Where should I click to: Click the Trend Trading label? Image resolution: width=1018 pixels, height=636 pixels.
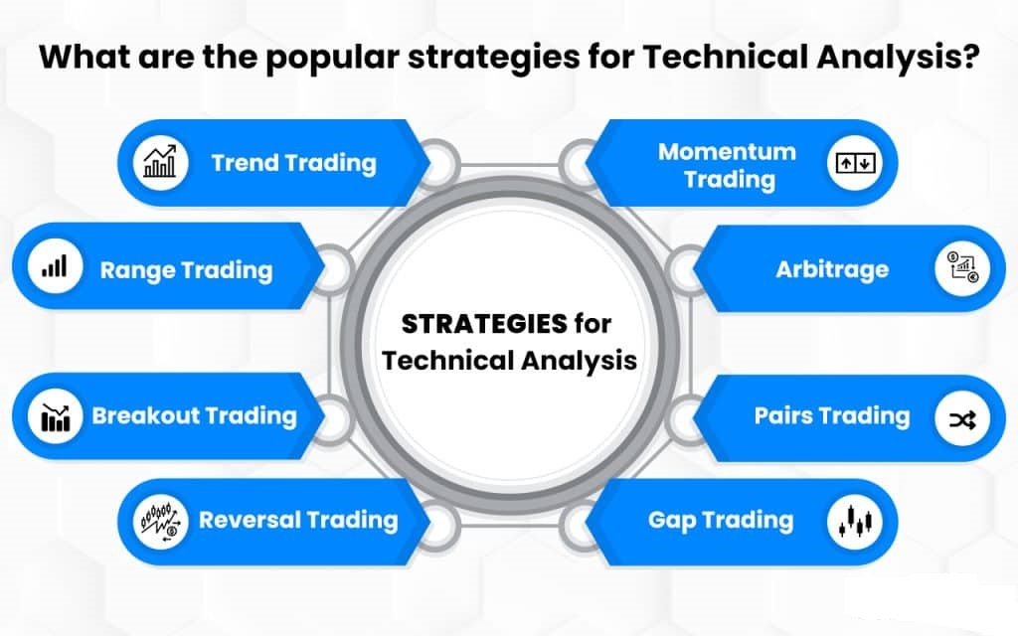click(x=293, y=163)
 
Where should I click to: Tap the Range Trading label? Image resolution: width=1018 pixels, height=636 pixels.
click(x=186, y=268)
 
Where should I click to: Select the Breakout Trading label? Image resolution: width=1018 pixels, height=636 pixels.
click(x=194, y=415)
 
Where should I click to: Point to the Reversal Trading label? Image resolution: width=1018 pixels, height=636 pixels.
click(x=298, y=520)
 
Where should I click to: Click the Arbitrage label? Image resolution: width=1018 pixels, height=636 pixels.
click(x=832, y=269)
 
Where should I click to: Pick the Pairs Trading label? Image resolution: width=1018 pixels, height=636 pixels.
click(x=831, y=415)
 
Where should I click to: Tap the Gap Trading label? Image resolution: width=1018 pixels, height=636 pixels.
click(x=721, y=520)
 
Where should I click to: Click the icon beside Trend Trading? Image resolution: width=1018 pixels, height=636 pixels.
click(x=160, y=163)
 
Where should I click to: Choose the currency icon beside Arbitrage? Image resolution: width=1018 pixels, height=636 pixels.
click(x=960, y=269)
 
